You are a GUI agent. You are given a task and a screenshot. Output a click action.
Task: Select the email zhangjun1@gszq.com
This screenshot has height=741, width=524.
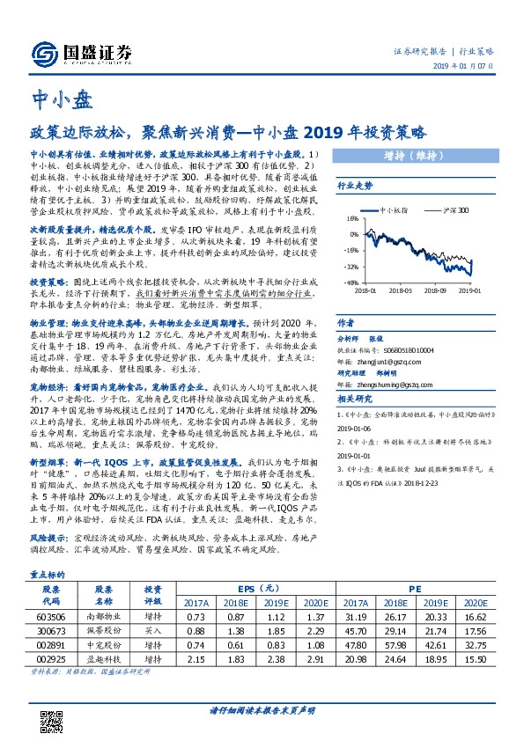(x=385, y=362)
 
